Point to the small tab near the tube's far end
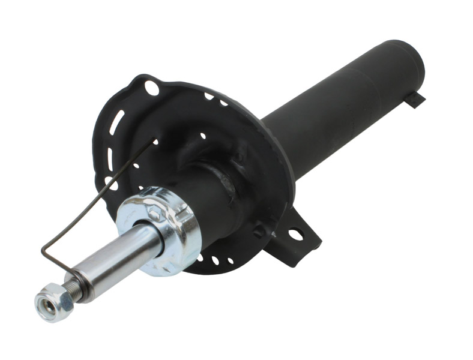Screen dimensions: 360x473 [414, 99]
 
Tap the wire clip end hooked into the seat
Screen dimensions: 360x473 [152, 142]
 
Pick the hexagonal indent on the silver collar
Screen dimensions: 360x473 [154, 211]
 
